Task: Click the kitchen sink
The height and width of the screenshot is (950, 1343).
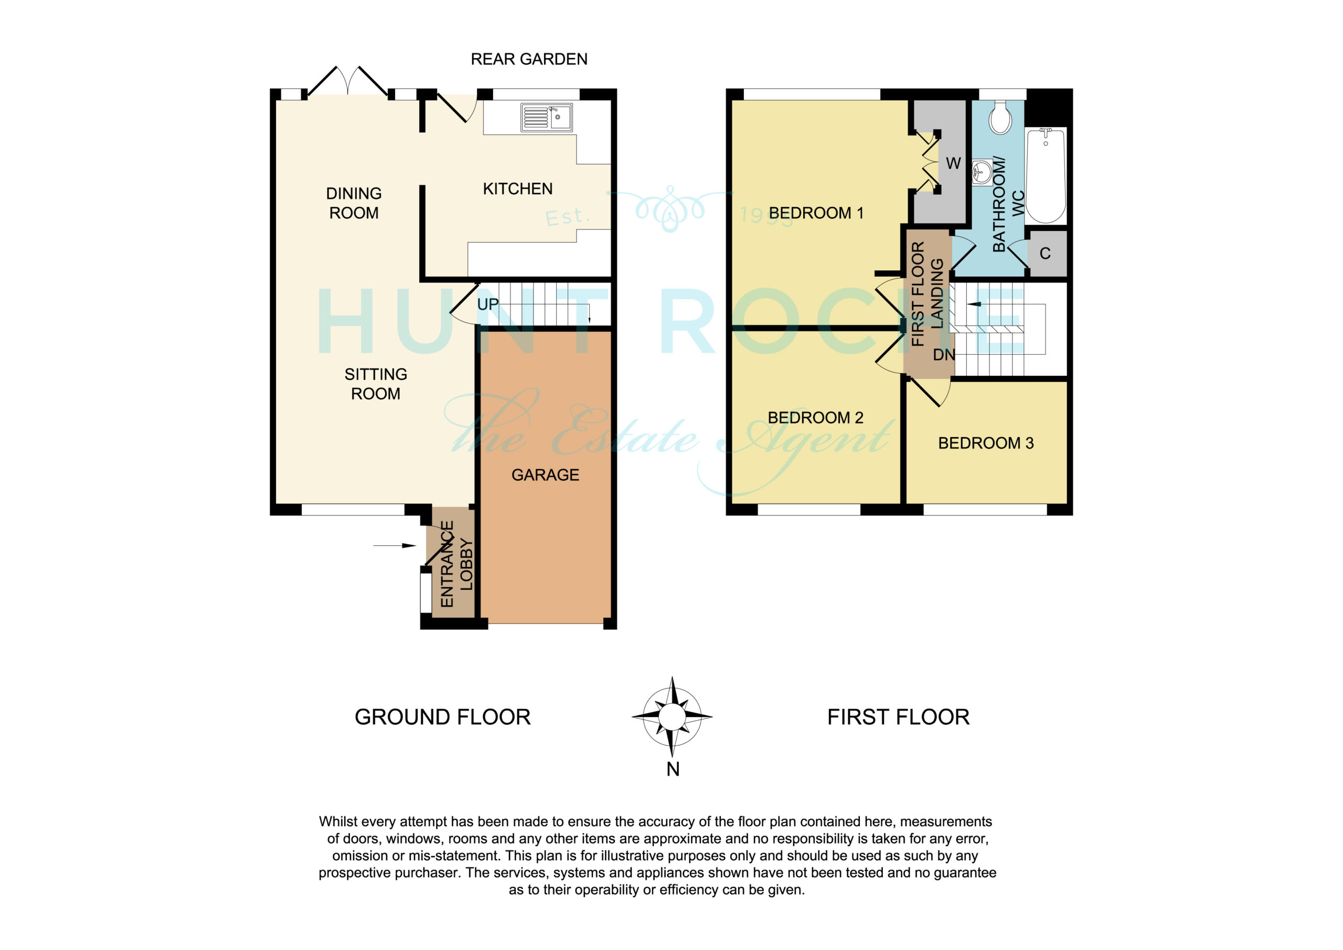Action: tap(546, 118)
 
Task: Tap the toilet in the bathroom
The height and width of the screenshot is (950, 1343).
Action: tap(1001, 118)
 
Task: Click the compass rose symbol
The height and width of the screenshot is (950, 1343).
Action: tap(672, 716)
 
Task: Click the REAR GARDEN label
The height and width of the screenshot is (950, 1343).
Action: tap(529, 59)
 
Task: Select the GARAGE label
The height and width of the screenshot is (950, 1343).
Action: tap(545, 474)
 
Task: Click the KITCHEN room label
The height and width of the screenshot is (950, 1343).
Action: tap(518, 188)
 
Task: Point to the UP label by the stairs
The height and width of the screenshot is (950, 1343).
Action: tap(488, 304)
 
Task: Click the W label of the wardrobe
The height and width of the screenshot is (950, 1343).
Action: tap(953, 163)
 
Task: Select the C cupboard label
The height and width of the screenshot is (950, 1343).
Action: tap(1045, 254)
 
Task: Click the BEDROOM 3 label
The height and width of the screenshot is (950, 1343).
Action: tap(986, 443)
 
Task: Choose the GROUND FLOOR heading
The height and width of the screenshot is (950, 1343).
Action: tap(443, 717)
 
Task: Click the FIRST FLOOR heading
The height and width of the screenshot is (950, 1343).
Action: tap(899, 717)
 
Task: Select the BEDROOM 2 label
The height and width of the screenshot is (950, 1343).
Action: tap(815, 417)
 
